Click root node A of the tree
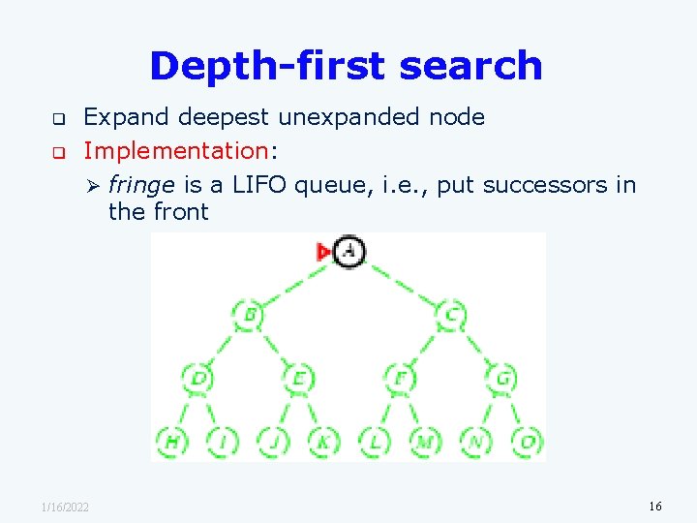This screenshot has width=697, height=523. coord(349,252)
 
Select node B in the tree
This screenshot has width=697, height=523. coord(248,314)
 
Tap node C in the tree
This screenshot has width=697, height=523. coord(451,314)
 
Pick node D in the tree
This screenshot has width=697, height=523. coord(197,378)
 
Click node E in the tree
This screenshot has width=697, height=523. coord(299,378)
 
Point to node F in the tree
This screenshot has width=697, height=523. coord(400,378)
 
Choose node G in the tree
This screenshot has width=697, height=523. coord(501,378)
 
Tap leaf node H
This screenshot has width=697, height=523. coord(172,442)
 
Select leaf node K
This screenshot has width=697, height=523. coord(324,442)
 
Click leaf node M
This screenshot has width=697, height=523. coord(425,442)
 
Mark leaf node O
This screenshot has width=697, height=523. coord(527,442)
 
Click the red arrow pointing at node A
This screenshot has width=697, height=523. coord(324,252)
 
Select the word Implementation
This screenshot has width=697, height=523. coord(174,151)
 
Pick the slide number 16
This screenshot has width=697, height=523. coord(655,507)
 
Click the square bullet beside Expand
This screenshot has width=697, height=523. coord(57,119)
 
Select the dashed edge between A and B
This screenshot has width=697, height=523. coord(295,284)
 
